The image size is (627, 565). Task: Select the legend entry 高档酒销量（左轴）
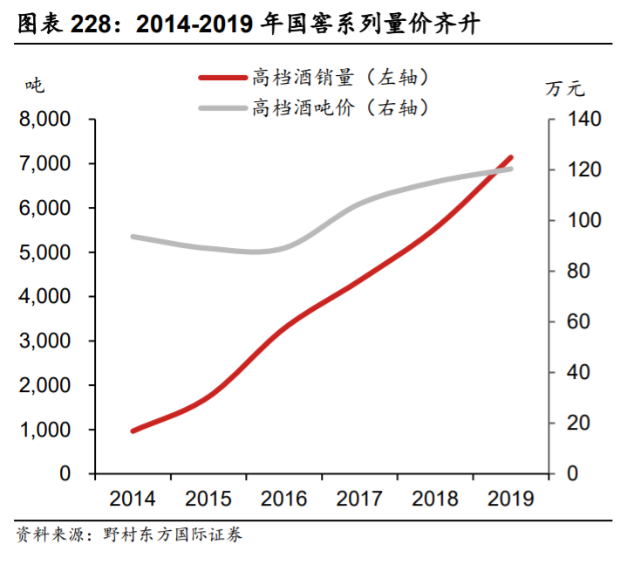coord(341,78)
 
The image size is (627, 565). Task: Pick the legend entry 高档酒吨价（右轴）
coord(341,108)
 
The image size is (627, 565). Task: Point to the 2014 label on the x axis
coord(132,499)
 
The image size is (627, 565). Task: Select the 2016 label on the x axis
coord(283,499)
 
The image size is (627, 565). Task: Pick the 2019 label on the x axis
coord(511,499)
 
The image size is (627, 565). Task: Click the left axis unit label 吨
coord(35,86)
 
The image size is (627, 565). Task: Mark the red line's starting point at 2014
coord(133,431)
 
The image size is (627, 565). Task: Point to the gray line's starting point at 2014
coord(133,237)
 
